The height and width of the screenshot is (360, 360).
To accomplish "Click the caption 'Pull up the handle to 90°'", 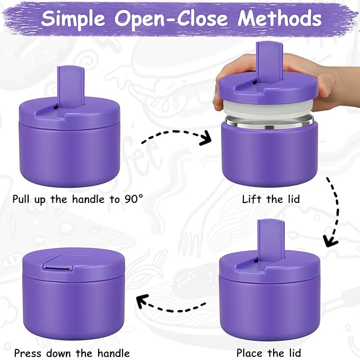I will coord(77,200).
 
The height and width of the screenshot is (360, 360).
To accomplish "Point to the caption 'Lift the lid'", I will coord(270,200).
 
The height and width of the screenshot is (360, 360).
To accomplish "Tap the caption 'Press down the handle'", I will coord(72,353).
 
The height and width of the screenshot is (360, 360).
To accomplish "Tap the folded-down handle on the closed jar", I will coord(59,261).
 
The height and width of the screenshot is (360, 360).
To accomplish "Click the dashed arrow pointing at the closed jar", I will coord(170,303).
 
